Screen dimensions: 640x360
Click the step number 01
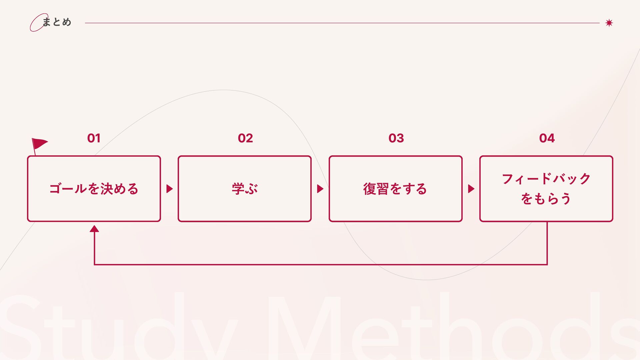(x=94, y=138)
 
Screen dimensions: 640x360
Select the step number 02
(x=245, y=138)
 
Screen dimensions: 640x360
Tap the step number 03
(x=396, y=138)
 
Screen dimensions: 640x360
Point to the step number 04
(x=547, y=138)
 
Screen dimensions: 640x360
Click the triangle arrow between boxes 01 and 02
(x=169, y=189)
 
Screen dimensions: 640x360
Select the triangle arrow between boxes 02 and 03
(x=320, y=189)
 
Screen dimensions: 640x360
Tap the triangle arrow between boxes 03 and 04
(x=471, y=189)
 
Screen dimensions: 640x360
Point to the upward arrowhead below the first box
(x=94, y=229)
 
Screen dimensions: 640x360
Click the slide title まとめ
(x=57, y=22)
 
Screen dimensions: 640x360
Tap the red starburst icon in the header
(x=609, y=23)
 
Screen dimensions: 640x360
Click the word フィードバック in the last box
(x=546, y=179)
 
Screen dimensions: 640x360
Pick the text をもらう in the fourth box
(x=546, y=199)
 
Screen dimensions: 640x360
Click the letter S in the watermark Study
(x=20, y=328)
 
